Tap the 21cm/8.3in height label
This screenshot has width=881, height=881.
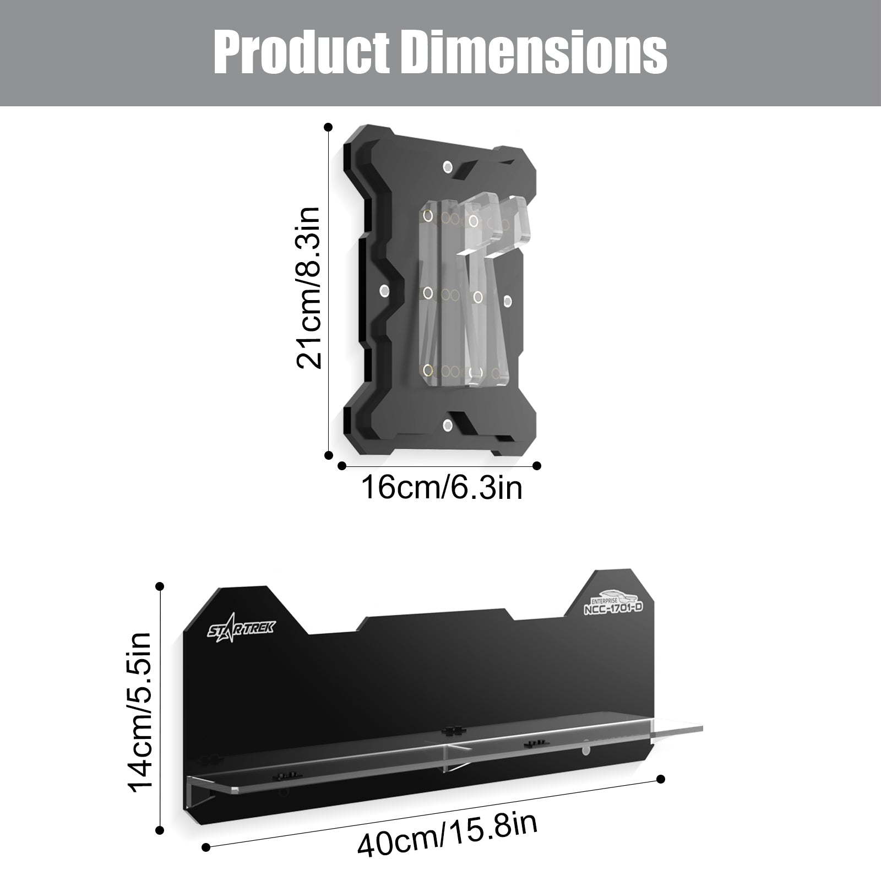click(x=308, y=288)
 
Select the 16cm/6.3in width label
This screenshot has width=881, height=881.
click(x=442, y=487)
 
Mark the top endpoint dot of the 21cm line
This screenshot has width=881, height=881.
click(x=328, y=127)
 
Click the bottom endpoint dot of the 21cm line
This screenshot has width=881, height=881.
click(x=329, y=455)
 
